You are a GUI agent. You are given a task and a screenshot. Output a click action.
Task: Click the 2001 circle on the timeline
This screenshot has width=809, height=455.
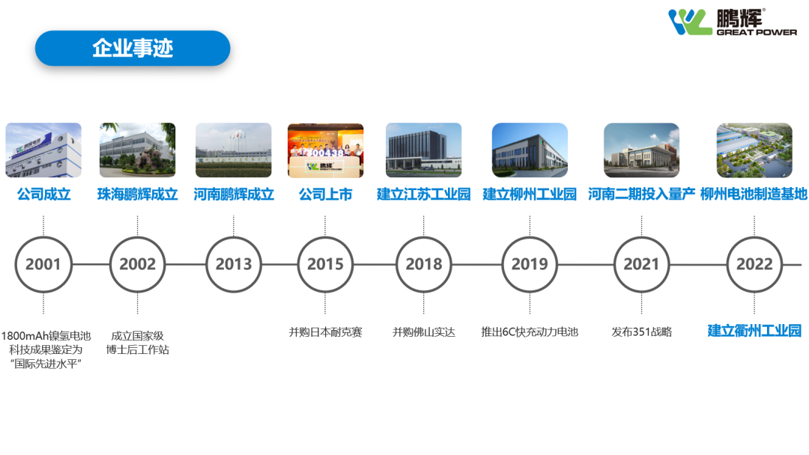43,237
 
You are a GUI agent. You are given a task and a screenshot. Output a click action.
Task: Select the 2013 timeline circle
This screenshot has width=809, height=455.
234,237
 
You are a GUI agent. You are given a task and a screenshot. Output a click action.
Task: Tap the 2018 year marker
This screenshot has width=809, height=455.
423,237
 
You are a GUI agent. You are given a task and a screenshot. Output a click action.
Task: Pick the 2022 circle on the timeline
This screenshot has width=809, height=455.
754,237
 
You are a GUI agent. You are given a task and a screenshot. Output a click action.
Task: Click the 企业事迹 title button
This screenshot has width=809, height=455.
133,48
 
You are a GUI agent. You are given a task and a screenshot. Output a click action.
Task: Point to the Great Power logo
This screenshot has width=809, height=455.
732,22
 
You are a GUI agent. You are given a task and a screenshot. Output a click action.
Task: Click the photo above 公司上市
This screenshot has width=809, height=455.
326,150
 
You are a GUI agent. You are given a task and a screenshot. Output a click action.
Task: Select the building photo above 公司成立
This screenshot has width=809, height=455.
43,150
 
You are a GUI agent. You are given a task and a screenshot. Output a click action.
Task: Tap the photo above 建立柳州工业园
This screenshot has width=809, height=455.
530,150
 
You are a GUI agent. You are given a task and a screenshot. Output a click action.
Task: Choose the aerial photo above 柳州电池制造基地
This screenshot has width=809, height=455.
754,150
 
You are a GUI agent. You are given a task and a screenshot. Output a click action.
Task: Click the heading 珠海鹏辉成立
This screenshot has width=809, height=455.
138,195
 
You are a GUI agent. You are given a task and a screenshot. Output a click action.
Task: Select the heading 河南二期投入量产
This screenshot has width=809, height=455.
641,195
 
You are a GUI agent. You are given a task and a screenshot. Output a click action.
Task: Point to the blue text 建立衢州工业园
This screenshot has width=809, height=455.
754,331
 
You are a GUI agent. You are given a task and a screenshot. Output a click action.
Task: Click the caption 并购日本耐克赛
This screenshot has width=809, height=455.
326,332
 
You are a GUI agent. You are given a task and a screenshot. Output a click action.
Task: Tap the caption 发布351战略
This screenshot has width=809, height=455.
642,332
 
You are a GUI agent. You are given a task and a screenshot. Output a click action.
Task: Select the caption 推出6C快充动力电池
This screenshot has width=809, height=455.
530,332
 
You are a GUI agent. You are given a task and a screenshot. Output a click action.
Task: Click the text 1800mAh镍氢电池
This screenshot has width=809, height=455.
46,336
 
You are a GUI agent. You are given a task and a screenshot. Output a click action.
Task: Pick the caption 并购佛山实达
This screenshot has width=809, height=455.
423,332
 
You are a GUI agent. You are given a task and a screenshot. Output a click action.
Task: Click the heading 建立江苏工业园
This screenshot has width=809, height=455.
423,195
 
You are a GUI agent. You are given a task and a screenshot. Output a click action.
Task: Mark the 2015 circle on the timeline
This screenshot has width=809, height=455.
326,237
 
